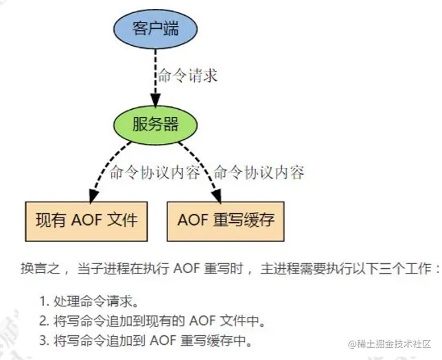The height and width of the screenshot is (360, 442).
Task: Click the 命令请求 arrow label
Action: click(188, 75)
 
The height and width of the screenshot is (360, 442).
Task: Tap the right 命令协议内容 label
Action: click(259, 172)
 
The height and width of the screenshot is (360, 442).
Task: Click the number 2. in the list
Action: click(44, 320)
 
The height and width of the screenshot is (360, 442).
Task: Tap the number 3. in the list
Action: click(44, 339)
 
